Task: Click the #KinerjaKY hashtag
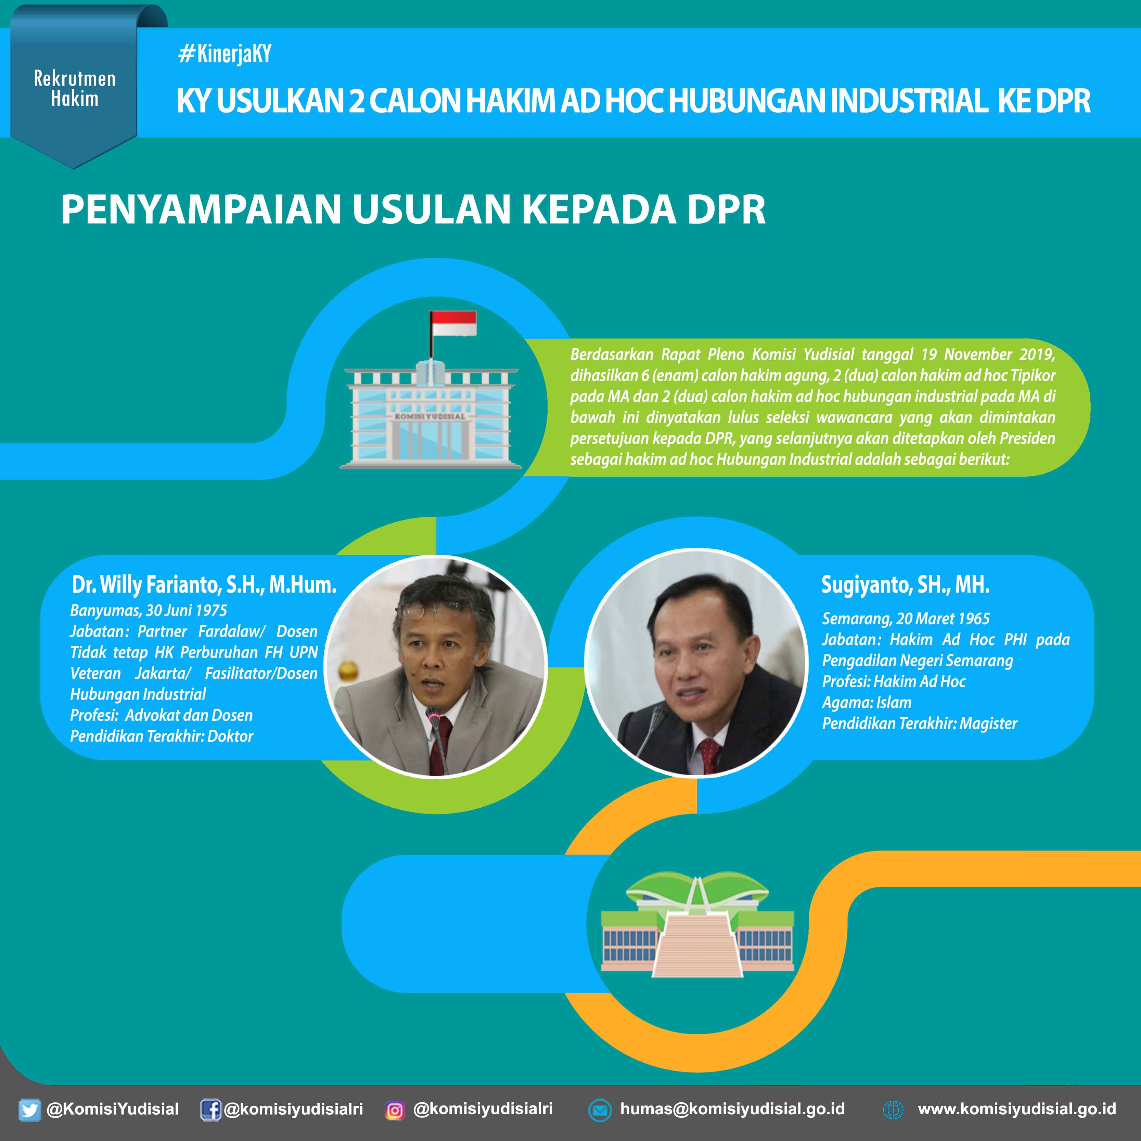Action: (225, 54)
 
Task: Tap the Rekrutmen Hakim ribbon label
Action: (74, 89)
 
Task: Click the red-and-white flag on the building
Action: (453, 324)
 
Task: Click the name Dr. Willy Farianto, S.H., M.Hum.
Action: (204, 585)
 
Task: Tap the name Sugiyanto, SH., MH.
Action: (905, 585)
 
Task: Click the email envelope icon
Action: (600, 1110)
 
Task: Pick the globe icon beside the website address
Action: (893, 1110)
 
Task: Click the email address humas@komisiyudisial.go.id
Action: (732, 1109)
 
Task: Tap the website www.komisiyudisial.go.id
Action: (1017, 1109)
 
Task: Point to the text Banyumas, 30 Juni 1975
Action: (149, 610)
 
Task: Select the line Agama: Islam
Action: (867, 702)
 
